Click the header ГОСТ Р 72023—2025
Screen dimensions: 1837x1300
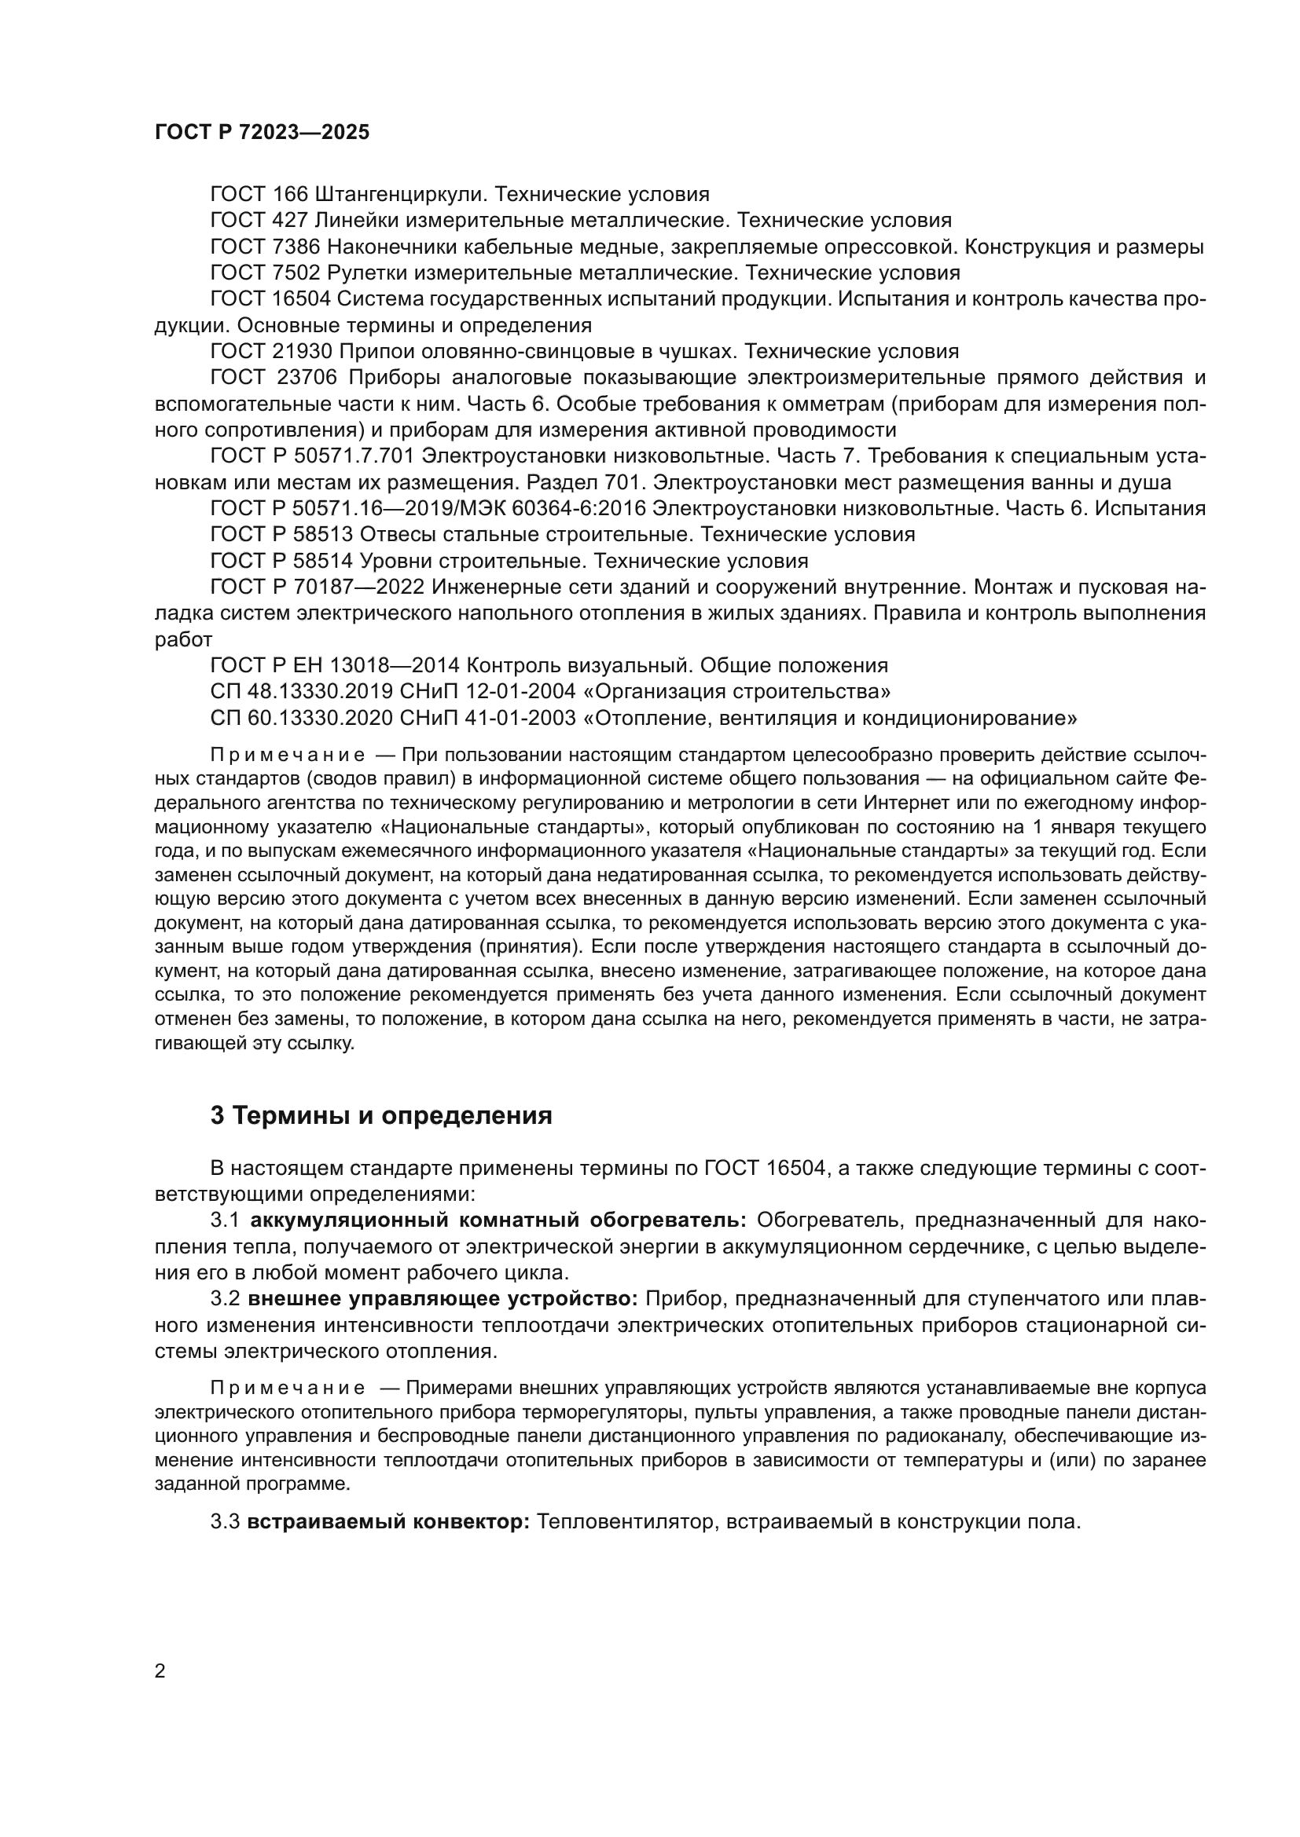[x=262, y=133]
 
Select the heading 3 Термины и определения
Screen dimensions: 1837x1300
[x=381, y=1115]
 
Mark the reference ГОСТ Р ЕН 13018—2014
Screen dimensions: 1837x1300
[x=334, y=666]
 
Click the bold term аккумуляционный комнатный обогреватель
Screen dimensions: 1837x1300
[x=498, y=1220]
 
